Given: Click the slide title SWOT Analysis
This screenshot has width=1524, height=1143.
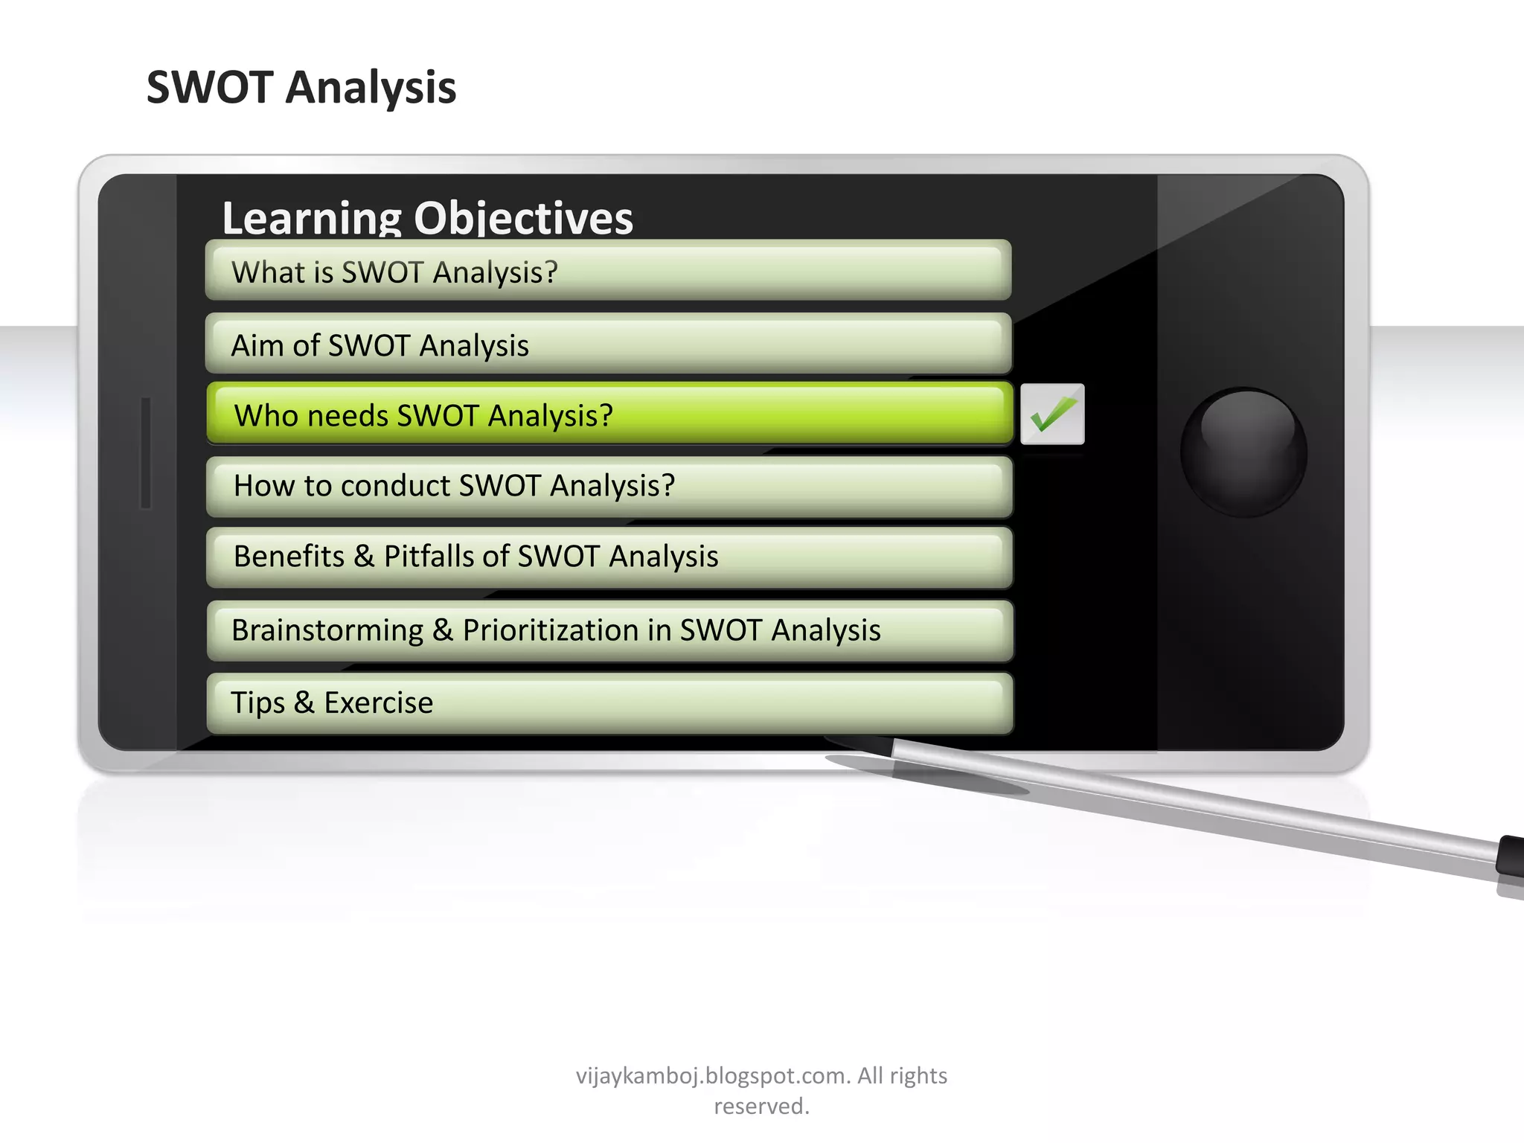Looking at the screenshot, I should tap(301, 88).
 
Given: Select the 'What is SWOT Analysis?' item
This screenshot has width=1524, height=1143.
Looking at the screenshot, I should tap(608, 271).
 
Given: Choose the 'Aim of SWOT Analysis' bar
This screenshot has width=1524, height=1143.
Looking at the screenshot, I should tap(608, 345).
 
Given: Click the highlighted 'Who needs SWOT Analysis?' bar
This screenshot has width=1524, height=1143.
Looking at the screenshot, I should tap(609, 414).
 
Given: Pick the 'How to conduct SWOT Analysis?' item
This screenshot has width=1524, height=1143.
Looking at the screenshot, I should tap(609, 486).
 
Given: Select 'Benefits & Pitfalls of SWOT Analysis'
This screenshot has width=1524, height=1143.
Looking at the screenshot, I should tap(609, 557).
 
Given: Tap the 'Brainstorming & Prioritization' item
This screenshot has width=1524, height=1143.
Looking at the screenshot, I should tap(609, 630).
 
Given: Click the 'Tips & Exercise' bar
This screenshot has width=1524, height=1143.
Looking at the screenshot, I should tap(609, 702).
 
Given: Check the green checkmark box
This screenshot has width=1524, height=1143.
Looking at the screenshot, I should tap(1052, 414).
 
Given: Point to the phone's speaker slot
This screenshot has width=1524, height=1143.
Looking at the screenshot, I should tap(146, 452).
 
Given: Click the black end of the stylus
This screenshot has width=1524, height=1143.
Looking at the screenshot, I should tap(1511, 856).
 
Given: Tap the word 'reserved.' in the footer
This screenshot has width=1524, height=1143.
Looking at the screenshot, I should tap(761, 1107).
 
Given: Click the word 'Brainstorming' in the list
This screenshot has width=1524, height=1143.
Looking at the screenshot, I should tap(327, 630).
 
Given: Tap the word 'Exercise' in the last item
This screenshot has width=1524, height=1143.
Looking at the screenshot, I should tap(378, 702).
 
